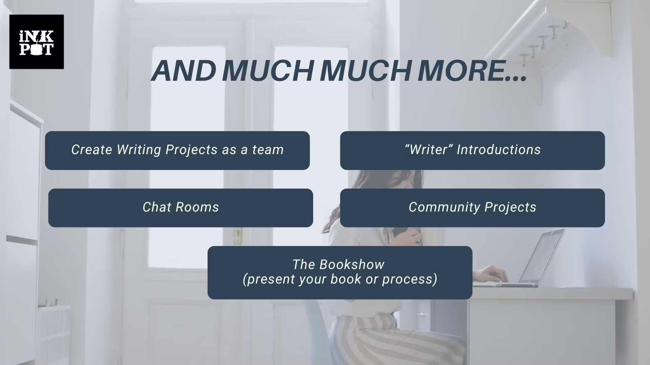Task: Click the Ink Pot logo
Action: [x=37, y=42]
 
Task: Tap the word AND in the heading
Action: [x=183, y=71]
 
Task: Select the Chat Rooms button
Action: [x=181, y=208]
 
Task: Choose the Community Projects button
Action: [x=473, y=208]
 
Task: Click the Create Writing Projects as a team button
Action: [x=177, y=150]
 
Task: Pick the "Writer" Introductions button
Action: [x=473, y=150]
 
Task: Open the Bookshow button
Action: [x=340, y=272]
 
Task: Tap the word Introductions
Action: [x=499, y=150]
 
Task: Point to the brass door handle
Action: [x=238, y=235]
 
